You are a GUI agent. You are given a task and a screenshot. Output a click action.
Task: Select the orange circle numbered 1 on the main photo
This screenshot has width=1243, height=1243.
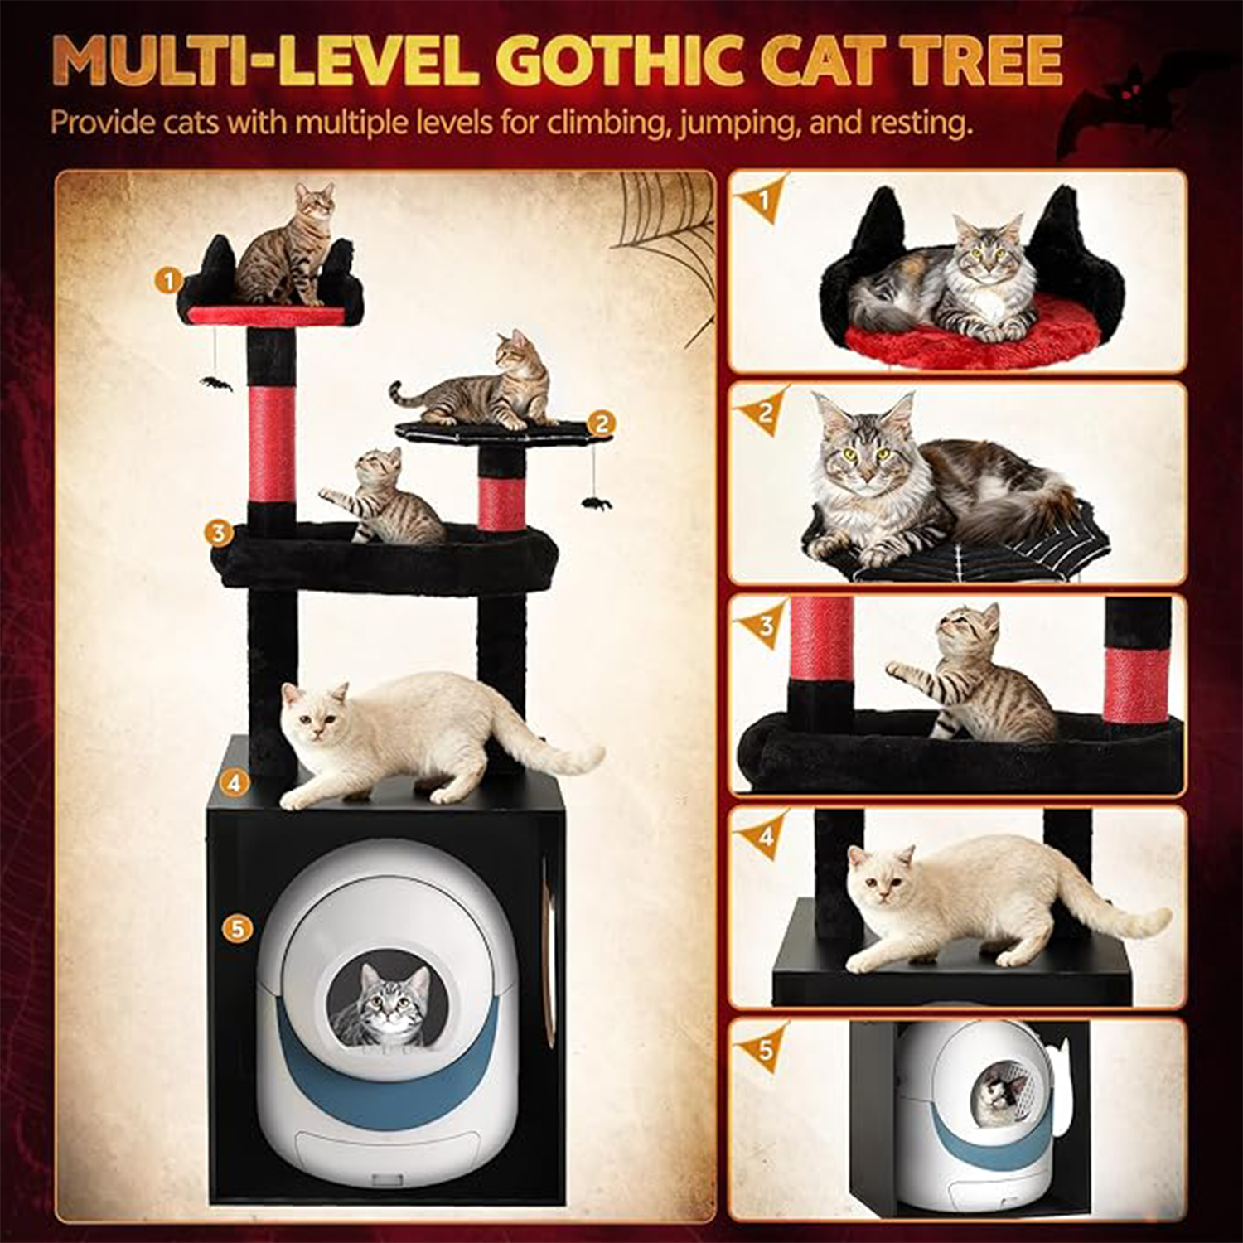(x=168, y=280)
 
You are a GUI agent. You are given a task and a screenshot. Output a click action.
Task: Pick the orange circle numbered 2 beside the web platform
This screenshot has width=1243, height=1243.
(x=601, y=424)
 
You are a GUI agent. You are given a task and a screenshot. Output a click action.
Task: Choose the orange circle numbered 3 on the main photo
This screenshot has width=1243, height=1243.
(x=219, y=532)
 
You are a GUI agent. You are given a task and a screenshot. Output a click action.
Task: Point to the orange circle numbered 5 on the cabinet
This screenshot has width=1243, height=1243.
(x=238, y=929)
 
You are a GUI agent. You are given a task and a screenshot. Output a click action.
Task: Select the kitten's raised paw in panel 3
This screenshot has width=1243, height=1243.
(x=899, y=667)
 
